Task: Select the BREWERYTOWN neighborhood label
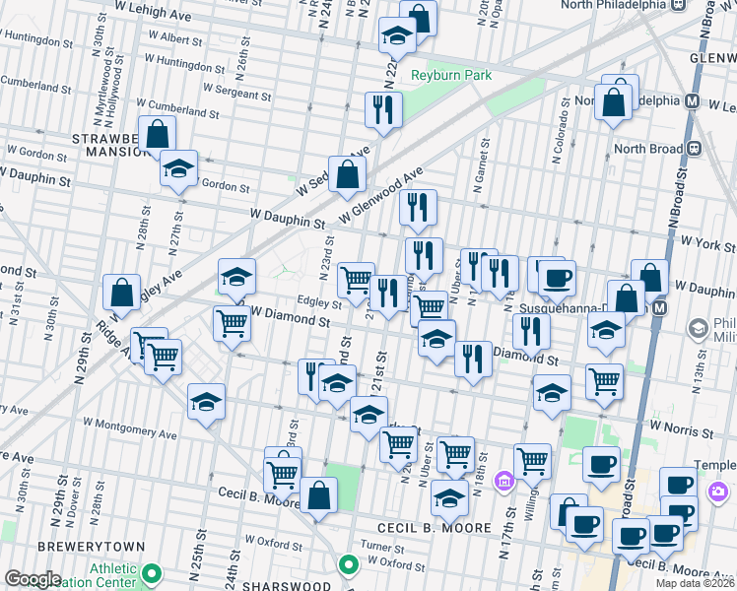(x=91, y=546)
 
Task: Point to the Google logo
(x=33, y=579)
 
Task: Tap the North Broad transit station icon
(x=694, y=149)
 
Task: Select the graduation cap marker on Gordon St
(x=179, y=168)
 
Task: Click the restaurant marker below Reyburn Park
(x=383, y=110)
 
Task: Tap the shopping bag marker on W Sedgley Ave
(x=348, y=174)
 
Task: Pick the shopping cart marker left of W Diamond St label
(x=232, y=322)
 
